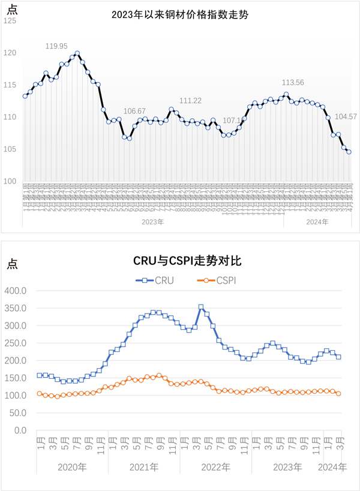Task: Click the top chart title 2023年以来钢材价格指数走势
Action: click(180, 15)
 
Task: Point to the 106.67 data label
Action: click(134, 111)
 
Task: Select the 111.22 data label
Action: click(190, 100)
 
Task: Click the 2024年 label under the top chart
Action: click(317, 222)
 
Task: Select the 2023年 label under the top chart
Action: click(152, 222)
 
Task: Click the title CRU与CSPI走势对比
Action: click(180, 261)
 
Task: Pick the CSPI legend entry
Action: click(217, 279)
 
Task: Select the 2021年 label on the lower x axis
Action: click(143, 466)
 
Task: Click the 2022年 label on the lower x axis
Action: click(215, 466)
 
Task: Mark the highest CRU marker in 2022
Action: click(201, 307)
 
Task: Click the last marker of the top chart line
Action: click(349, 152)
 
